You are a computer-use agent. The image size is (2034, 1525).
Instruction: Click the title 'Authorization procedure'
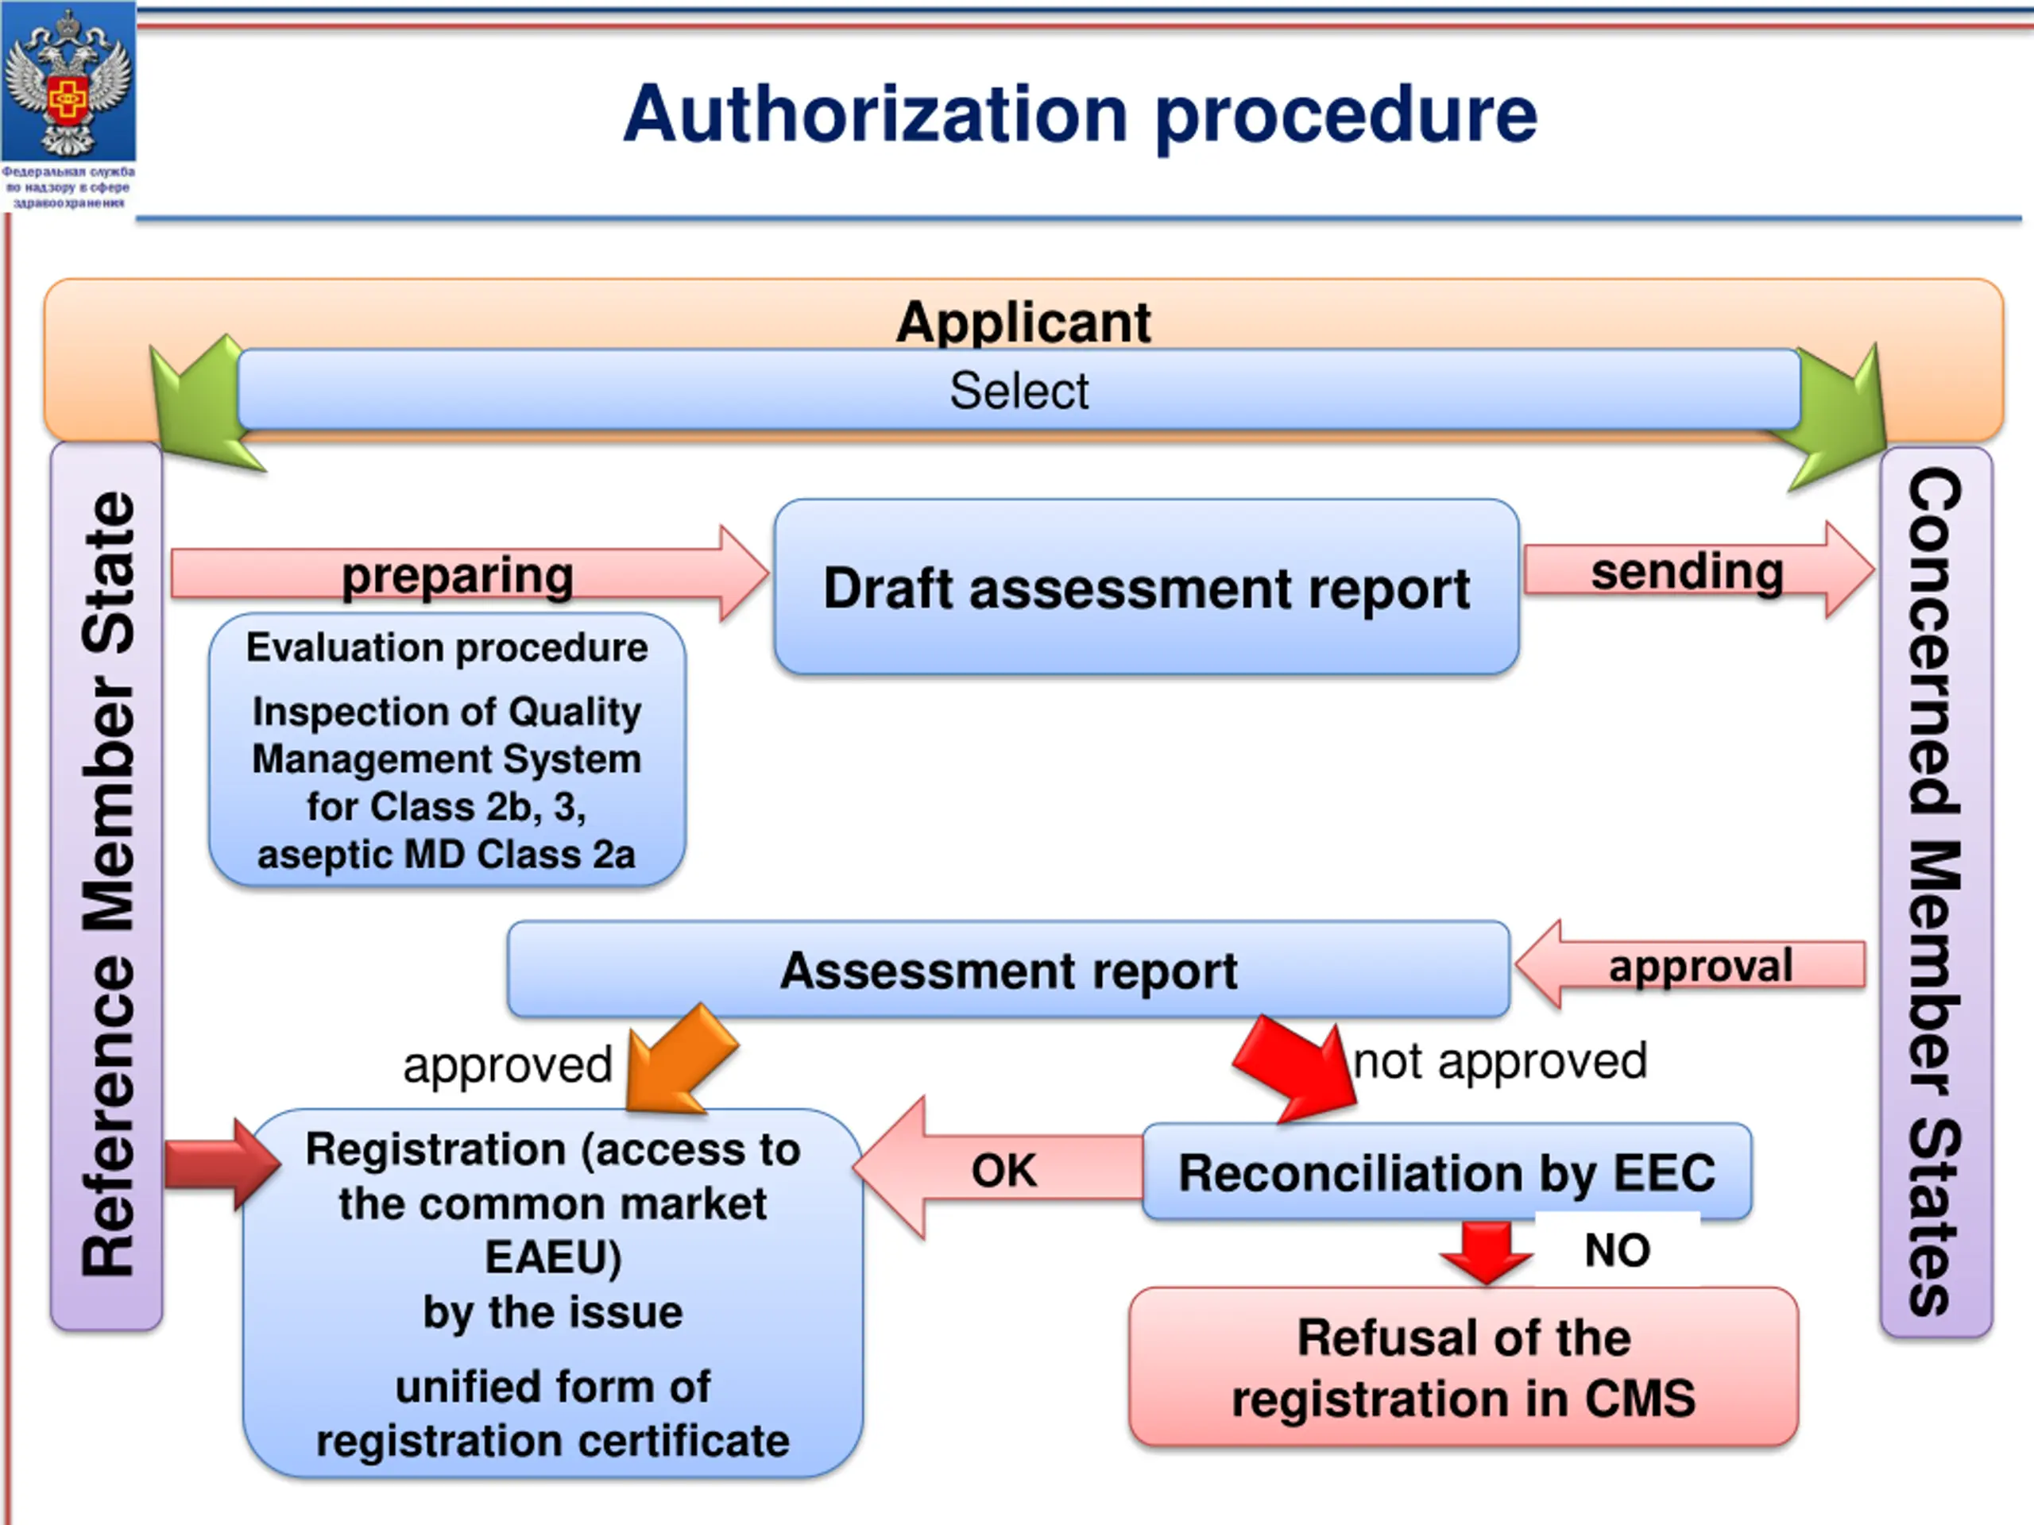coord(1080,116)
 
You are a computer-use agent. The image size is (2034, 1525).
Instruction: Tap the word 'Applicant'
coord(1023,322)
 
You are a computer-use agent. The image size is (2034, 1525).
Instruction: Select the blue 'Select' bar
coord(1019,390)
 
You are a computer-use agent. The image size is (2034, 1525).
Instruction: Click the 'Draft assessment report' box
coord(1146,586)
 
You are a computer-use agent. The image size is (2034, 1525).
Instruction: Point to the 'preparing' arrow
coord(469,573)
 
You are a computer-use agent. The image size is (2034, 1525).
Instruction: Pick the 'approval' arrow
coord(1690,965)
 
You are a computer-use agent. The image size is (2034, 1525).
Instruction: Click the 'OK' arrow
coord(999,1168)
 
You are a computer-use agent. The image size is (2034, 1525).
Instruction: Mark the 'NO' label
coord(1618,1250)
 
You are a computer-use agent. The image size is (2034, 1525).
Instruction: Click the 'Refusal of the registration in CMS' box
coord(1464,1366)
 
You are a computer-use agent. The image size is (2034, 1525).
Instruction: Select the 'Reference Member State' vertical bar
coord(106,886)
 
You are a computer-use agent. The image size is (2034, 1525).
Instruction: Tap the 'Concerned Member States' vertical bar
coord(1936,892)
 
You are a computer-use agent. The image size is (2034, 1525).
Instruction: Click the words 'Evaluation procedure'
coord(447,647)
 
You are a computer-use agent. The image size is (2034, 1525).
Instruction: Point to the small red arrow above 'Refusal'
coord(1486,1252)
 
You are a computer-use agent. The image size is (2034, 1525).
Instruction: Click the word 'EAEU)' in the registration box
coord(554,1257)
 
